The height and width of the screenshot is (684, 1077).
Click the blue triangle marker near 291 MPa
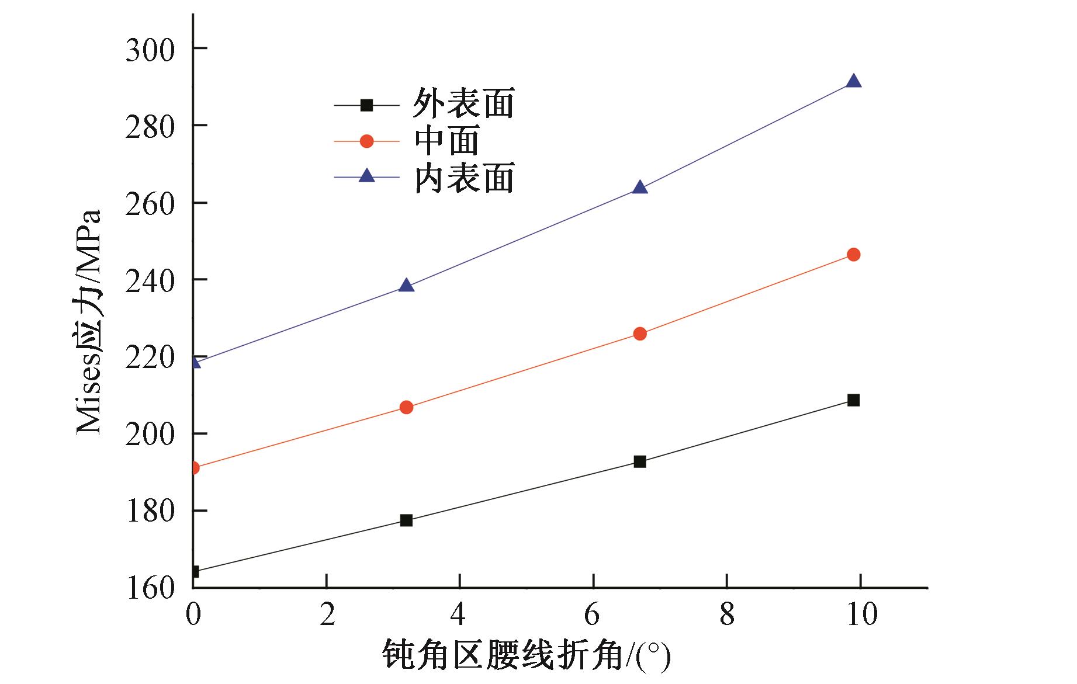(x=853, y=81)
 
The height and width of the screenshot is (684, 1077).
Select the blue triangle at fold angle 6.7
(x=640, y=188)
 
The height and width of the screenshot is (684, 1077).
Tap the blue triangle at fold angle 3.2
(x=406, y=286)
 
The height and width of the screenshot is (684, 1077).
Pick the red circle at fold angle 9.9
(x=853, y=255)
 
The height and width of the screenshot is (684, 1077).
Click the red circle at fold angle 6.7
(x=640, y=334)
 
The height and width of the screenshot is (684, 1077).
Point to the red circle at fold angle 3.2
(x=406, y=407)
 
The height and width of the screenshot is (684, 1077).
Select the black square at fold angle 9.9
(x=853, y=400)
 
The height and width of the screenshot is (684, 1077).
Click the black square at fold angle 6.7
(x=640, y=461)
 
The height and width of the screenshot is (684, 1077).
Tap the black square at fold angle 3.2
(x=406, y=520)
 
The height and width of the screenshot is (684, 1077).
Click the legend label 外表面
(x=463, y=104)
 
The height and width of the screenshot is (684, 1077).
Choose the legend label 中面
(x=447, y=140)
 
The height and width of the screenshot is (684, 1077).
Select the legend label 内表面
(x=463, y=178)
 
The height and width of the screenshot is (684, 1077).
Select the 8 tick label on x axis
(x=726, y=615)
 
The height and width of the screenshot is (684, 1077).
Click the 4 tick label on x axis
(x=459, y=615)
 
